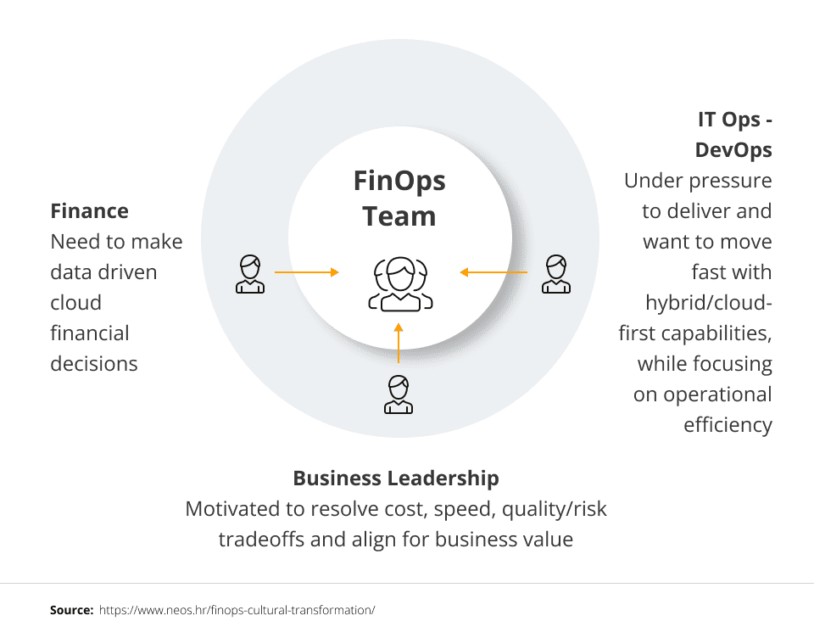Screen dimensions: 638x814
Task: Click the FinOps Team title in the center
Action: (x=399, y=199)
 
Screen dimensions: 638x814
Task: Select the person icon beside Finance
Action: (x=249, y=273)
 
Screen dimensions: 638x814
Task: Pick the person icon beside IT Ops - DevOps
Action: (x=555, y=273)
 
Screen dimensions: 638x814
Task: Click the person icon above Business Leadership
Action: (x=398, y=394)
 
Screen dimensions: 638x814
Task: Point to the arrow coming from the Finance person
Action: (x=306, y=272)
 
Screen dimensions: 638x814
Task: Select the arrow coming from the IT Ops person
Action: (x=493, y=272)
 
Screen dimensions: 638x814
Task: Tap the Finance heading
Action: (x=90, y=211)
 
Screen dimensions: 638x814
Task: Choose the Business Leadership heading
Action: (x=396, y=478)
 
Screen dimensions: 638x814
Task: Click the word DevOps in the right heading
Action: (x=733, y=150)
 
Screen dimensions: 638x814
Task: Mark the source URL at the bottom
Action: (x=237, y=610)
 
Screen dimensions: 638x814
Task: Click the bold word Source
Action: (x=71, y=610)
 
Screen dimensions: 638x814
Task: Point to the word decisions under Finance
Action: (x=94, y=364)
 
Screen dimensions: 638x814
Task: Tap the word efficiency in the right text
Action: (x=728, y=424)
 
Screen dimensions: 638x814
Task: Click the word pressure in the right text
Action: (x=730, y=181)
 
